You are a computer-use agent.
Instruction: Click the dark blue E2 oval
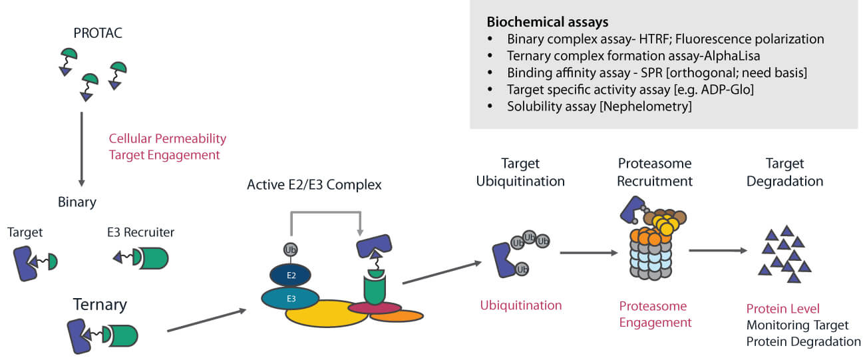tap(290, 275)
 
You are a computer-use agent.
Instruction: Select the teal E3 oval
tap(291, 299)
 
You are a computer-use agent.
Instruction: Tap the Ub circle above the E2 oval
tap(290, 250)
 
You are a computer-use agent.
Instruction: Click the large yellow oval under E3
tap(326, 315)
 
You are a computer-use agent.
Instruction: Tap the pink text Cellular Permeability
tap(168, 138)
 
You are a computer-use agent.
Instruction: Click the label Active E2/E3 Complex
tap(314, 185)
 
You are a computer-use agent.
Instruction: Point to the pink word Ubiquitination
tap(521, 305)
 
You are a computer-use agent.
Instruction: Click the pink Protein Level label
tap(782, 309)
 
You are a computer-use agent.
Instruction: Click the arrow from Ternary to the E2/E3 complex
tap(206, 320)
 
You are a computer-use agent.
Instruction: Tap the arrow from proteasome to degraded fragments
tap(717, 251)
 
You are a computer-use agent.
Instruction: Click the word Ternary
tap(99, 305)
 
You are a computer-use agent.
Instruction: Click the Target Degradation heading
tap(784, 172)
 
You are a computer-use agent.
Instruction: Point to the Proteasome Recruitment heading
tap(655, 172)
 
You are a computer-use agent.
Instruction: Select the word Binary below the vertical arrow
tap(77, 202)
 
